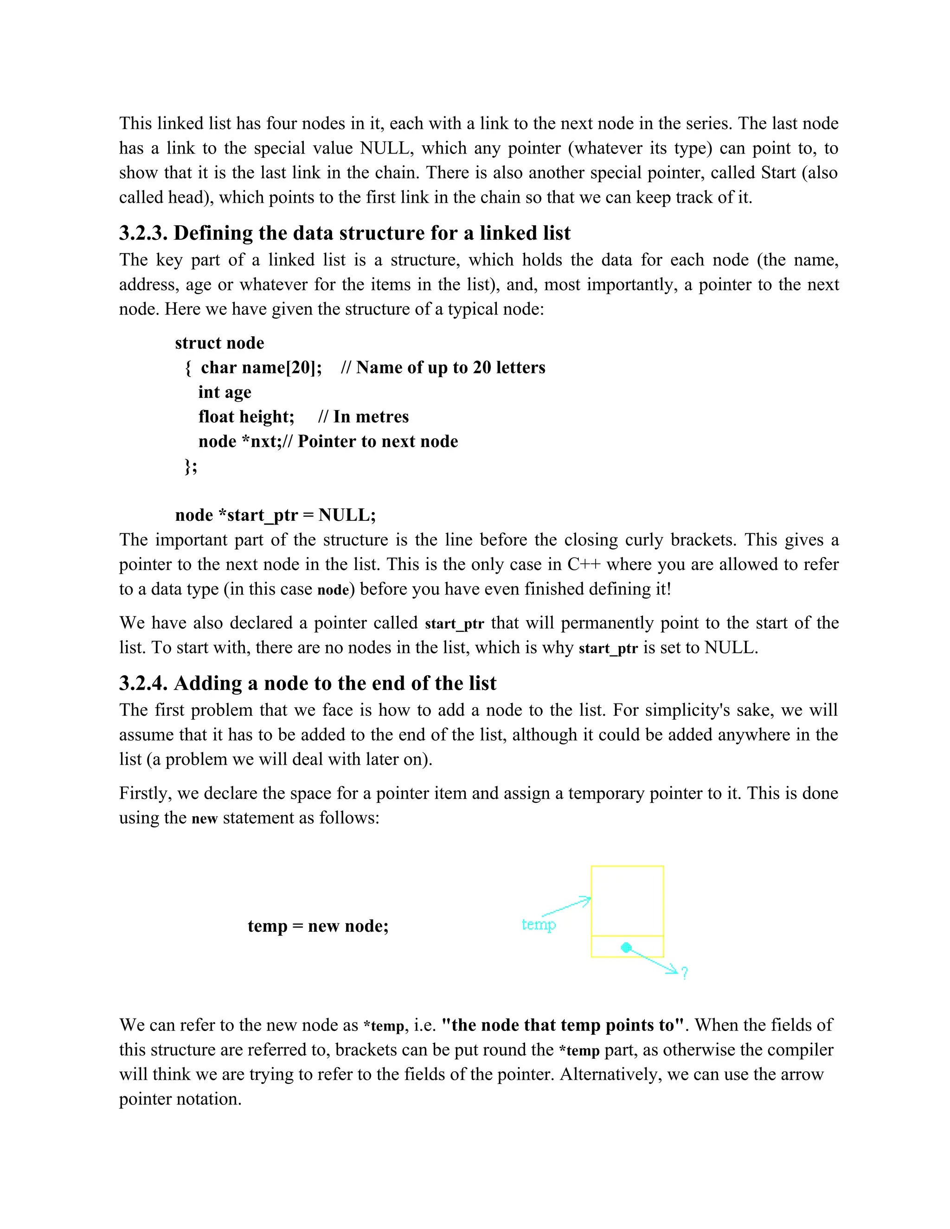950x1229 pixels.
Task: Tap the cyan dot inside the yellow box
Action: (626, 947)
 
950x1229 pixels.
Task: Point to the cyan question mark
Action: (684, 973)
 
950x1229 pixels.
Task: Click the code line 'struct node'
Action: (219, 343)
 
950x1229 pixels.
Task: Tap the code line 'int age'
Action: (225, 392)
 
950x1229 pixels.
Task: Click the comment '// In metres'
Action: (363, 416)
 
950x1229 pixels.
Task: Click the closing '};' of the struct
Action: (191, 466)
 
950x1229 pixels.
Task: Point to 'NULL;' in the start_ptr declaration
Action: (347, 515)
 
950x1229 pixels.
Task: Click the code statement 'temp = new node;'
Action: (318, 926)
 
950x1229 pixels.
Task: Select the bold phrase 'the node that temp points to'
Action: (563, 1025)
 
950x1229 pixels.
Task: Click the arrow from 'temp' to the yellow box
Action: (565, 906)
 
